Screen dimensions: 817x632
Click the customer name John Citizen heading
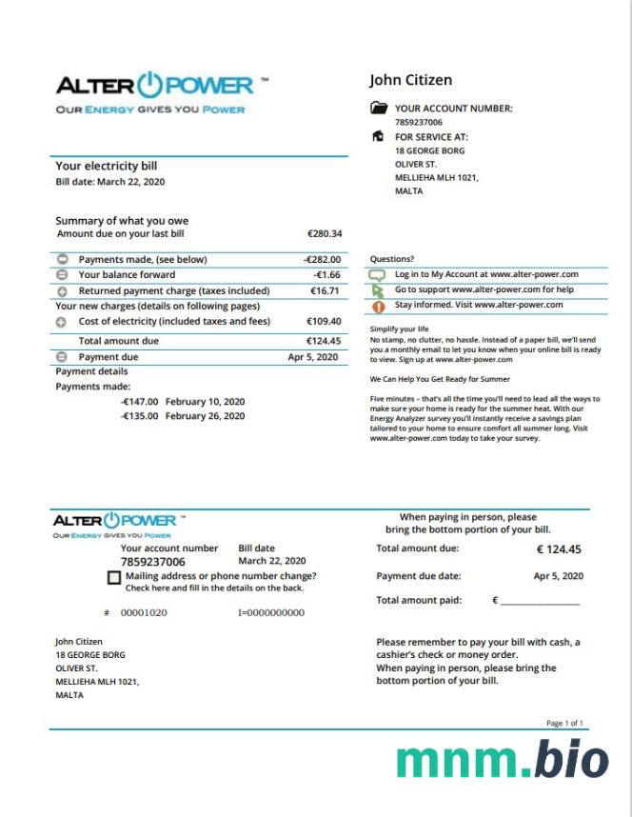tap(410, 80)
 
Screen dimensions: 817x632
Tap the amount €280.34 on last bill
tap(324, 233)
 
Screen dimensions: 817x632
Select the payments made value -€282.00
tap(322, 259)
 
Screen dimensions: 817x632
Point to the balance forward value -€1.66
tap(326, 275)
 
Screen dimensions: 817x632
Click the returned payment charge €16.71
tap(325, 290)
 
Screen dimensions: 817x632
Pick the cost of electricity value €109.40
tap(324, 322)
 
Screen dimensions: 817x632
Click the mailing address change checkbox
tap(114, 577)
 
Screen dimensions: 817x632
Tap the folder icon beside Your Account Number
tap(378, 109)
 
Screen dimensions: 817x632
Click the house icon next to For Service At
tap(378, 137)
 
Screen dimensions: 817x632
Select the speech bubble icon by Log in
tap(378, 275)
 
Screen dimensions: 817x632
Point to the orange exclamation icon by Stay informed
tap(378, 306)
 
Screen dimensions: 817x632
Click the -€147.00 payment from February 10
tap(139, 402)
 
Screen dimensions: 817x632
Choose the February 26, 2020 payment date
tap(205, 416)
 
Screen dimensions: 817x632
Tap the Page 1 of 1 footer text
tap(564, 724)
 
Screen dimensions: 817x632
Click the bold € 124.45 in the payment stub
tap(559, 549)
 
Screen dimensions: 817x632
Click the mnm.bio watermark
tap(502, 761)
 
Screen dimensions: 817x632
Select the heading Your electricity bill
tap(106, 166)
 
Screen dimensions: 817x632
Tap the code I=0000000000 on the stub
tap(270, 613)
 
